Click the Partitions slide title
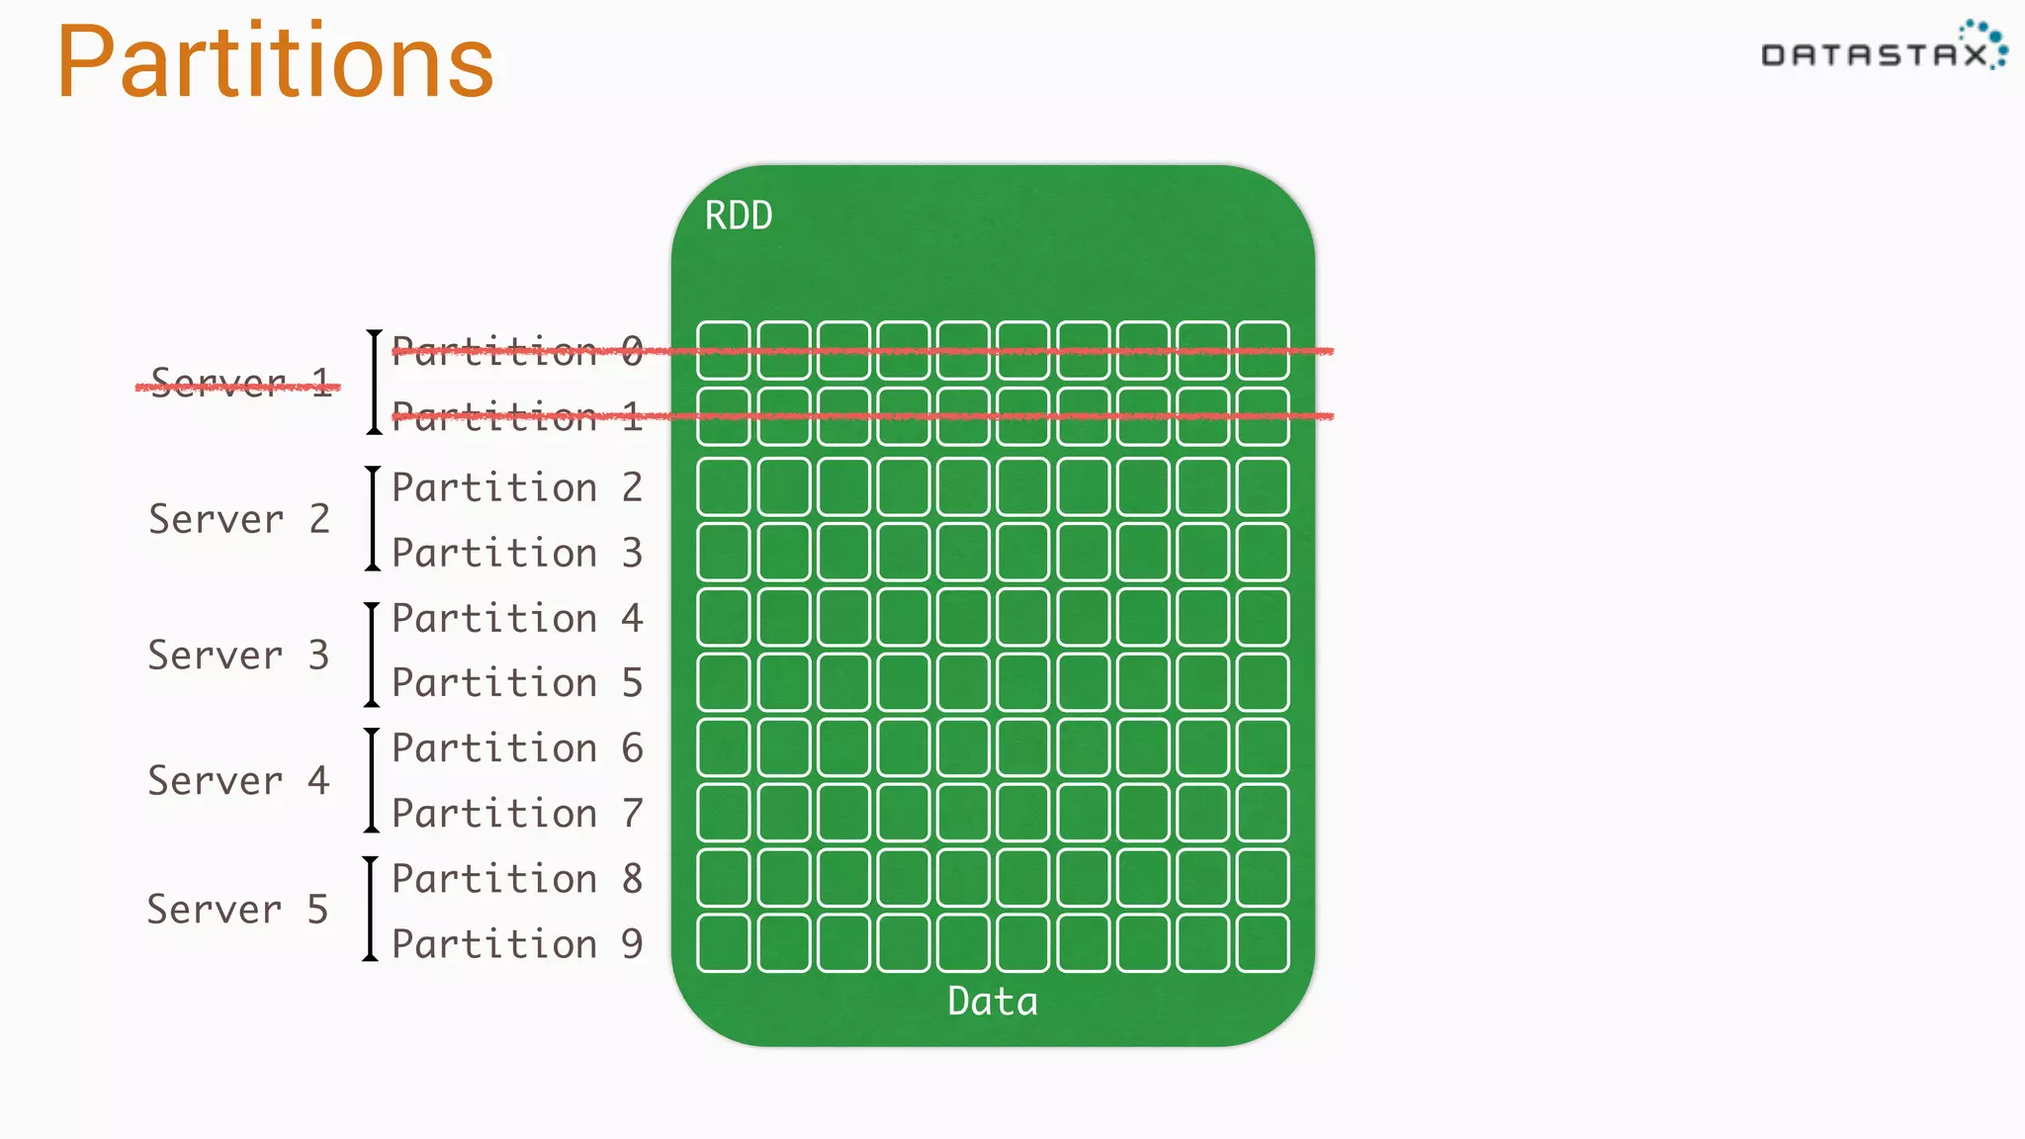[x=275, y=63]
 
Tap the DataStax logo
[x=1883, y=49]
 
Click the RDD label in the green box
[x=739, y=216]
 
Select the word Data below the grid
[x=993, y=1002]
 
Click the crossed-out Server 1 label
[x=240, y=383]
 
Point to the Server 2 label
[x=239, y=519]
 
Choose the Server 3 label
[x=238, y=655]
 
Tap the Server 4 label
[x=238, y=781]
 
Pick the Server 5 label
[x=237, y=910]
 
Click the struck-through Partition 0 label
[x=517, y=351]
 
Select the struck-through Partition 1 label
[x=517, y=416]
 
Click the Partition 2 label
[x=517, y=487]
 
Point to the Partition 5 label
[x=517, y=682]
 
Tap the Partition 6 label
[x=517, y=748]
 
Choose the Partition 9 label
[x=517, y=943]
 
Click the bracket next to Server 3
[x=372, y=655]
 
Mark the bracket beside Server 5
[x=370, y=910]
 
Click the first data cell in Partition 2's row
[x=723, y=486]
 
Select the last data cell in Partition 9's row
[x=1263, y=943]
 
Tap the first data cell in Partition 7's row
[x=723, y=813]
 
